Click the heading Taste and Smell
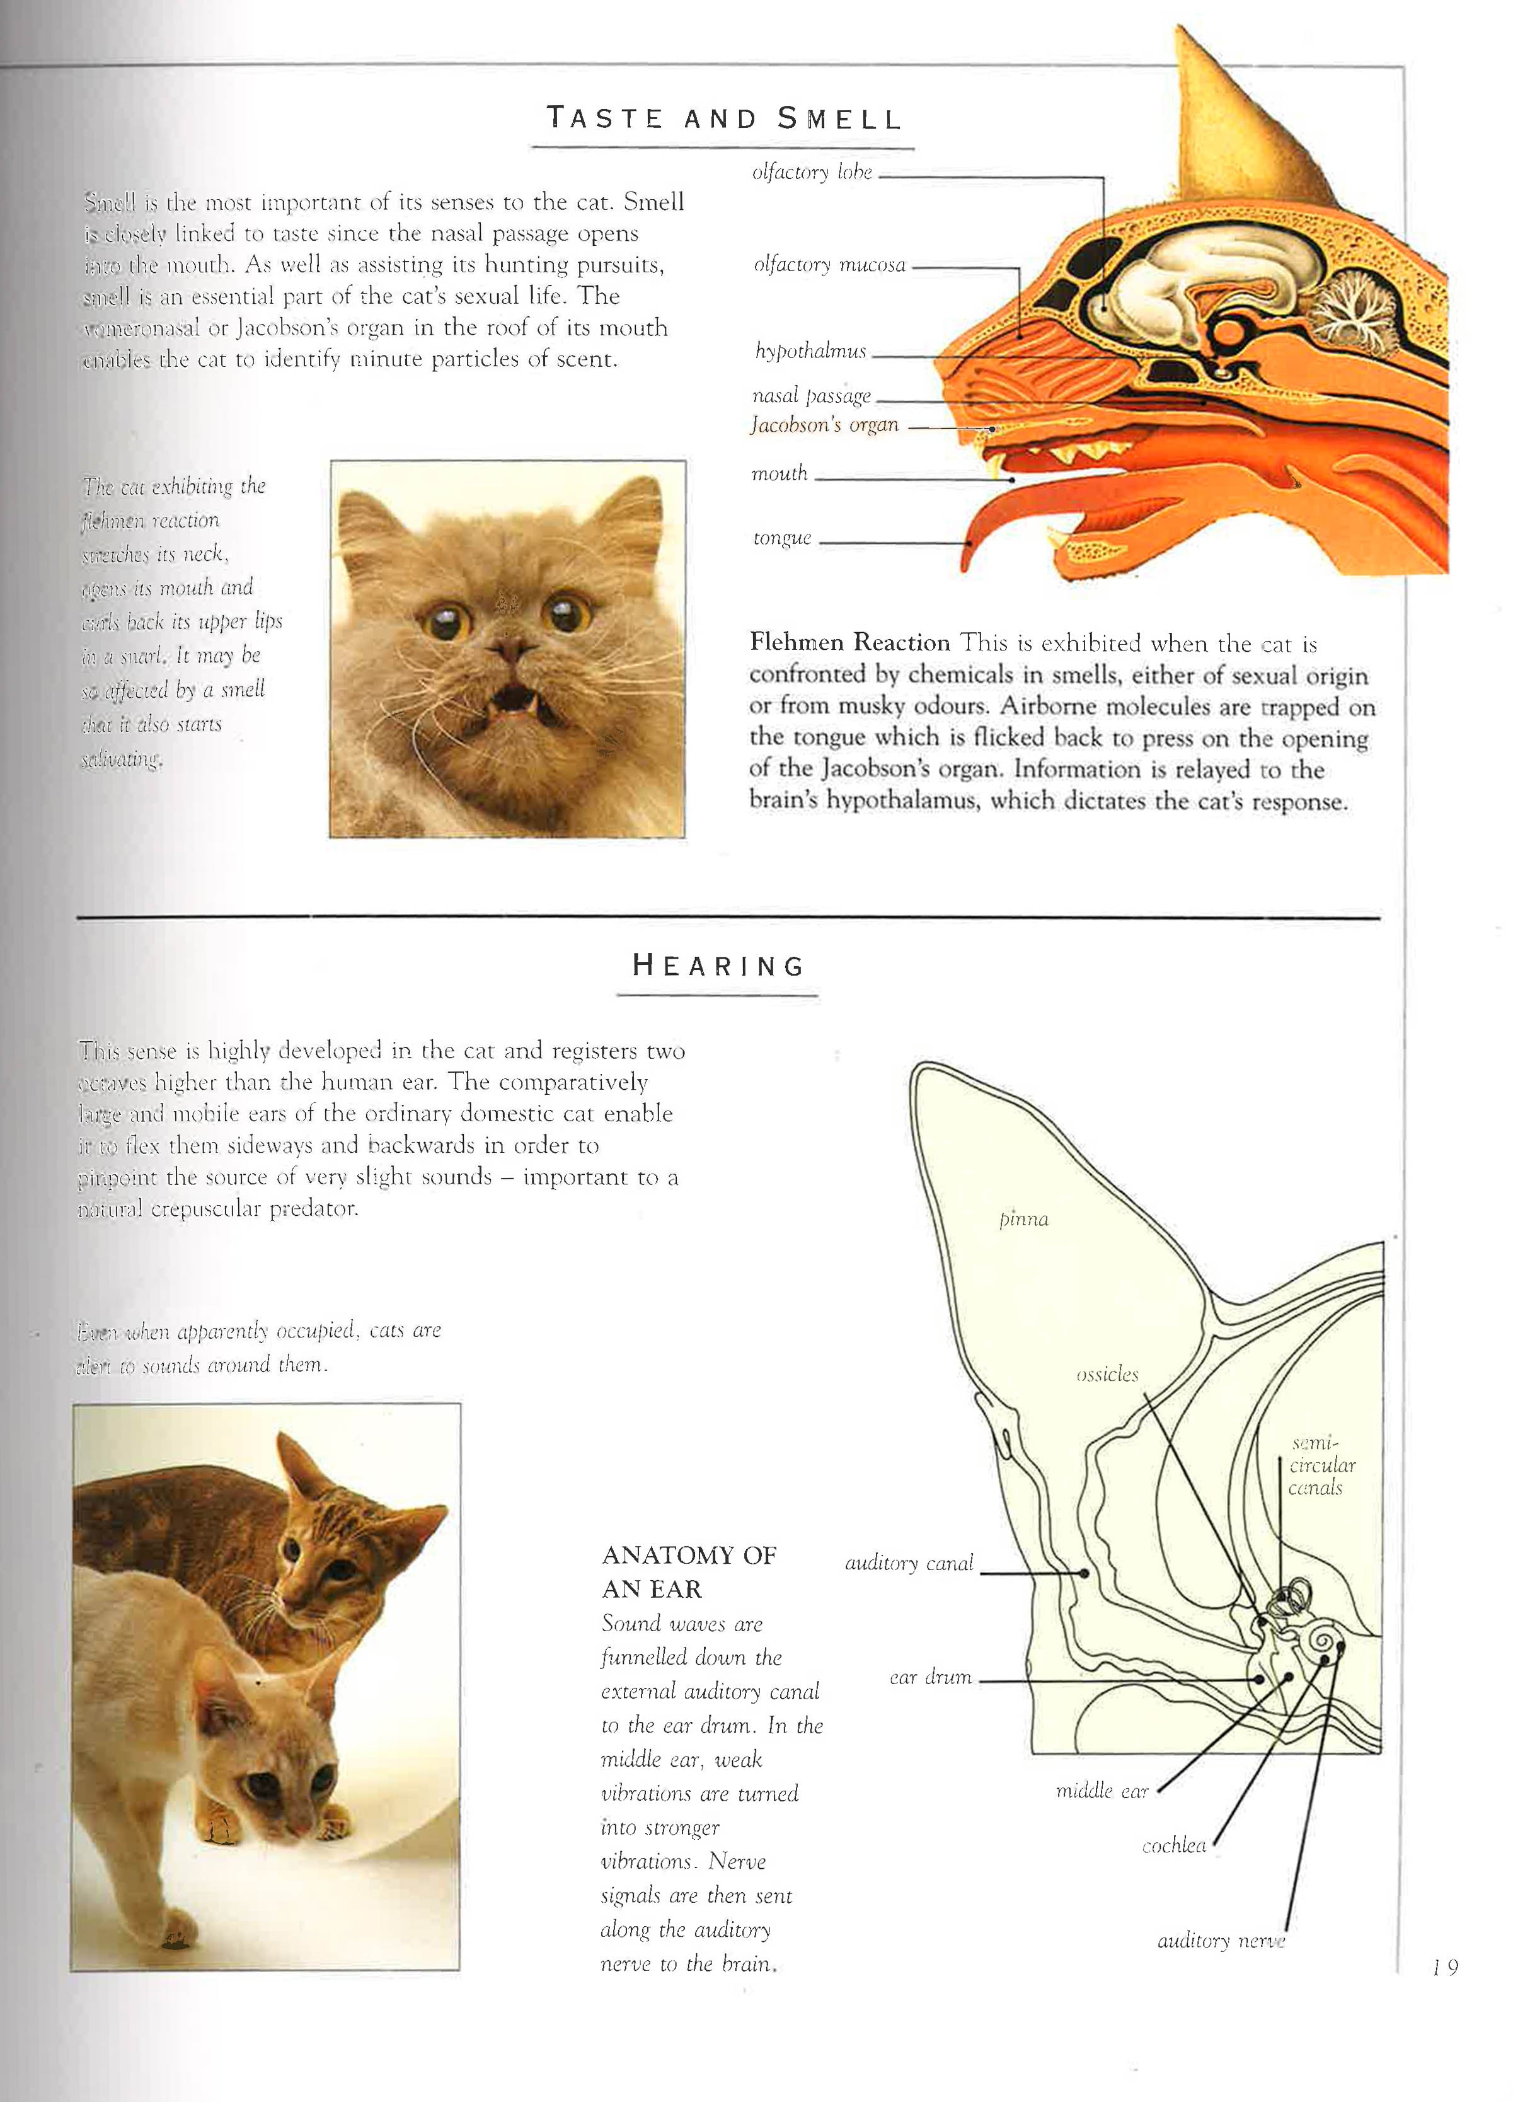point(723,118)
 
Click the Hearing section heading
point(718,966)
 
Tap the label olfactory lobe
point(812,173)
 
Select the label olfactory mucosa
point(829,265)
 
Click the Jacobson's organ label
point(825,425)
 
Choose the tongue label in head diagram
point(782,538)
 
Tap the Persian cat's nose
point(509,648)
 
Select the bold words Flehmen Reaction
point(849,642)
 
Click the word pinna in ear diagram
point(1024,1220)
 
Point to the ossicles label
point(1107,1375)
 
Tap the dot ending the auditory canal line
point(1084,1574)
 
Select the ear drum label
point(930,1678)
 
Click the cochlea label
point(1174,1845)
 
